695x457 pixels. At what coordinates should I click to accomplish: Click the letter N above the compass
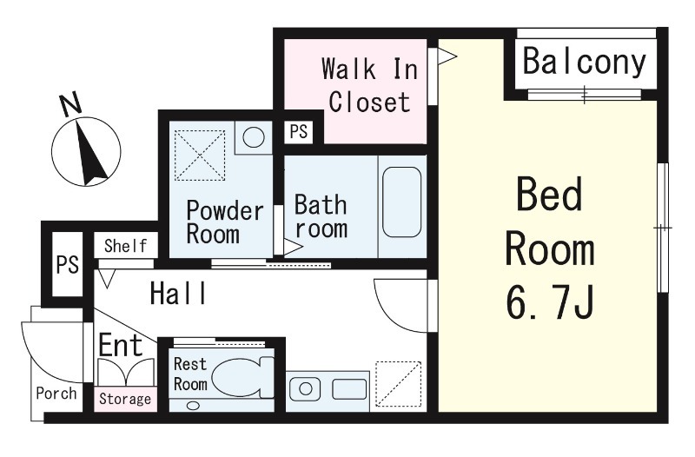71,103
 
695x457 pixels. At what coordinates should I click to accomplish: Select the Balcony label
585,63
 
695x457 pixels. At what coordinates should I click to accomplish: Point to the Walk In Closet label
370,85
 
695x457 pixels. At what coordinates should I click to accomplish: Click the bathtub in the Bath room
401,202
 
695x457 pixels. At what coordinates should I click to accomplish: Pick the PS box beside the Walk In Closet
298,132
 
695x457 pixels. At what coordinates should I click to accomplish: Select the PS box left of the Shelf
68,265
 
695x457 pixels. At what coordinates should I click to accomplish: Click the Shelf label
125,246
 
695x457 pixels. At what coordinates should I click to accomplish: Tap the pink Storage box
125,400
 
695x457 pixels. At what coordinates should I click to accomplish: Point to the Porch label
56,394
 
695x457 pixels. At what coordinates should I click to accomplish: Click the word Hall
178,293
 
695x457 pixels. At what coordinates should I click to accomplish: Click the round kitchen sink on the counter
306,389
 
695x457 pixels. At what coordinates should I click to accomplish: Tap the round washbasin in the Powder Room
254,137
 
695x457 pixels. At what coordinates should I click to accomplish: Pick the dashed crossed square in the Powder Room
200,156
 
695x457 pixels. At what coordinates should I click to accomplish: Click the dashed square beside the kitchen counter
399,384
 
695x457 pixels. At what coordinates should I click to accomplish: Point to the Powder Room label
225,222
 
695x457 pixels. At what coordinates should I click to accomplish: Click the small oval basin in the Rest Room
193,405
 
